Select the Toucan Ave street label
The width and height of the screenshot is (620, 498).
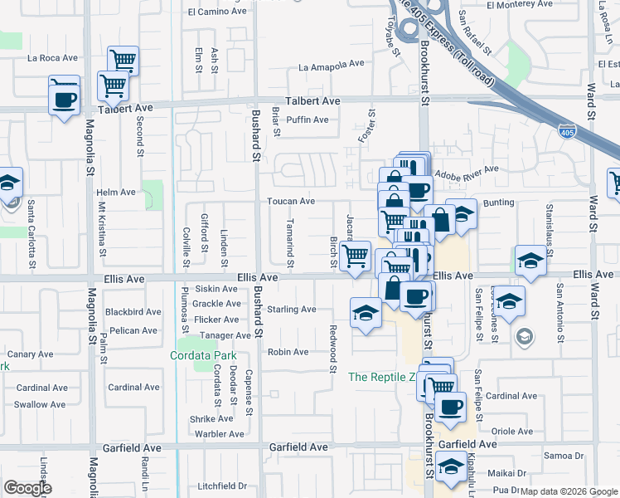(290, 201)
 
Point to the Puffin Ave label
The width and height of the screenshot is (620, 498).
(308, 120)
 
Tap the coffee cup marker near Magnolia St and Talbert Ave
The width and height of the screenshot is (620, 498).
(64, 99)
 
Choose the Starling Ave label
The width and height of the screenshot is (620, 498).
(291, 310)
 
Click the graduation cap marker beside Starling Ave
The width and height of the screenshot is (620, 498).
(365, 314)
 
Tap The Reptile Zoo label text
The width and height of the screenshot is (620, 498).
(380, 377)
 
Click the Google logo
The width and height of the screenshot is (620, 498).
(27, 487)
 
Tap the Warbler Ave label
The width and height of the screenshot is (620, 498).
(219, 433)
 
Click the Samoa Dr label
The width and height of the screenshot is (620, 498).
(564, 456)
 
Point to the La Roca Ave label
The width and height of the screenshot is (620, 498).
(52, 58)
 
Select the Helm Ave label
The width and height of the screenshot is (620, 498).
(116, 192)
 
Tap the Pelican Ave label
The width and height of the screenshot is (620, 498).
(133, 330)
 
